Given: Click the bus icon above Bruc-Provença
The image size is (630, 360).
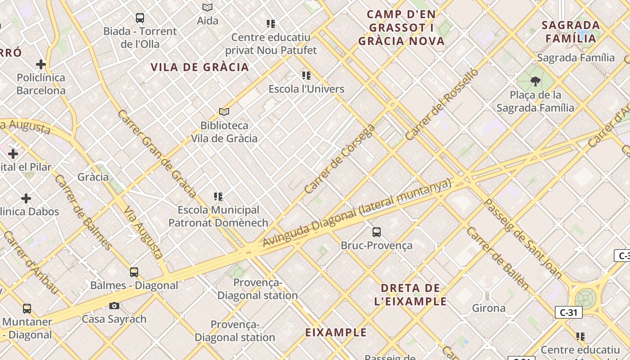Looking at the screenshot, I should click(x=377, y=232).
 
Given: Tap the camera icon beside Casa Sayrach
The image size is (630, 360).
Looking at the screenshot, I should click(x=114, y=306).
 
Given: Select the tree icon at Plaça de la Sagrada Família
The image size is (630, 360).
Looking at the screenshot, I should click(x=535, y=81).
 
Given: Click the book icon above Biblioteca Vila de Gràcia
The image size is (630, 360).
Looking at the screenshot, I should click(x=224, y=112).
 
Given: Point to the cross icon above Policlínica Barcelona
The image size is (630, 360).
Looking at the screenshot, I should click(x=41, y=64).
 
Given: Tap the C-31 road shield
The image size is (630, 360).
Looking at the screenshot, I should click(x=569, y=312).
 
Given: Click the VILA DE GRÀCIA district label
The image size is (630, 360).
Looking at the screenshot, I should click(x=200, y=67).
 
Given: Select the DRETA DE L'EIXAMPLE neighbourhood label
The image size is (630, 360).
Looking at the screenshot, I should click(x=410, y=295).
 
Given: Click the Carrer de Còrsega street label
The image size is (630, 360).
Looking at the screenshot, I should click(x=339, y=159).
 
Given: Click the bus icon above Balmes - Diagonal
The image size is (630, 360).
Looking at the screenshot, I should click(x=134, y=272).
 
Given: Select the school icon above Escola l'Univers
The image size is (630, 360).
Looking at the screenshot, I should click(x=306, y=76).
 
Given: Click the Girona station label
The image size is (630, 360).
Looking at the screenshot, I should click(x=489, y=308).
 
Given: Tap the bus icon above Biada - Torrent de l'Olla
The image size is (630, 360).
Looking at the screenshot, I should click(x=140, y=18).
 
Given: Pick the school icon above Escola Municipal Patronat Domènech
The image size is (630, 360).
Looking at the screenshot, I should click(x=218, y=197).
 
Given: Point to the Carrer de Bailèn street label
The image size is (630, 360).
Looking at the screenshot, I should click(x=498, y=258).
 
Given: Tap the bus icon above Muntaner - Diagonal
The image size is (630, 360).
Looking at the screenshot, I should click(x=27, y=309).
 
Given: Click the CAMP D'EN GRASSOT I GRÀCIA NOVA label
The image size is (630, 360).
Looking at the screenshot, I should click(x=401, y=28).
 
